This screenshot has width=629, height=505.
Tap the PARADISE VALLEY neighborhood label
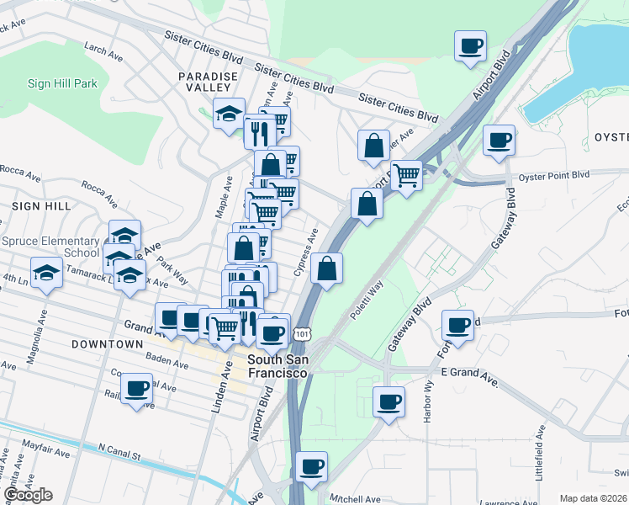click(x=203, y=82)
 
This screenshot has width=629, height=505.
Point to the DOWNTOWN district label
click(x=107, y=344)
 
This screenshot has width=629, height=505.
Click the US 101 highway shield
click(x=301, y=335)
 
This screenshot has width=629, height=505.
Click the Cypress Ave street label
click(x=306, y=252)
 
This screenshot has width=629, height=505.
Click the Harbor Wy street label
click(x=428, y=401)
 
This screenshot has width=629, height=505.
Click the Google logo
click(x=28, y=495)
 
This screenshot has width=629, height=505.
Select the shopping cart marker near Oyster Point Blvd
click(x=406, y=176)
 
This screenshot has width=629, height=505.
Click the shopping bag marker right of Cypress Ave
click(x=327, y=268)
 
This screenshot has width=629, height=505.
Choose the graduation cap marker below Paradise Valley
click(x=229, y=115)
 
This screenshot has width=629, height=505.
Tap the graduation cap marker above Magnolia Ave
click(x=46, y=272)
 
